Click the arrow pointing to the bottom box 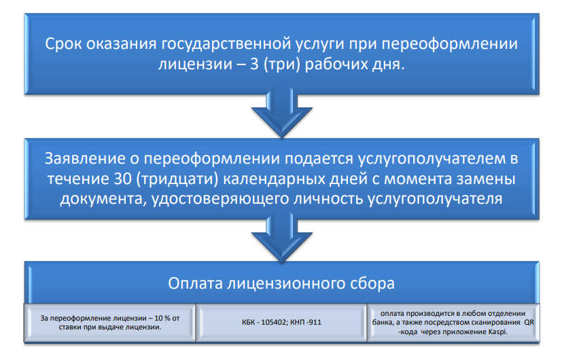coord(281,239)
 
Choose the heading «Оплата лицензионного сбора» coord(281,282)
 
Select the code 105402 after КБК coord(268,321)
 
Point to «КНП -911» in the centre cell coord(304,321)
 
